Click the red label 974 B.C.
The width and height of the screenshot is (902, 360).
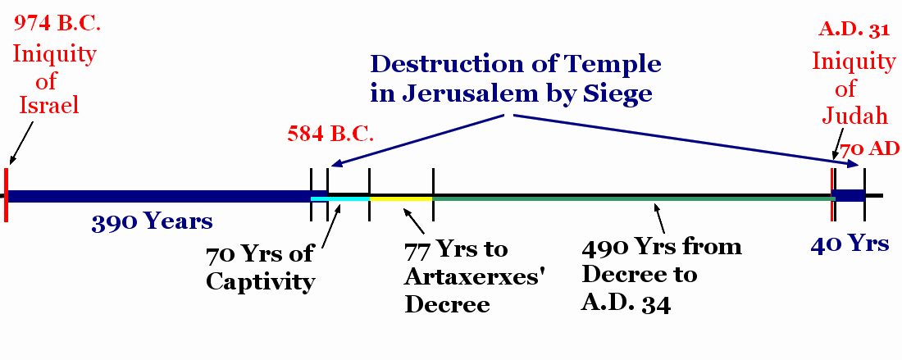pos(57,24)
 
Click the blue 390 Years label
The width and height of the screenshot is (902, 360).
pos(152,222)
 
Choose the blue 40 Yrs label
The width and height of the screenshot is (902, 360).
pos(850,244)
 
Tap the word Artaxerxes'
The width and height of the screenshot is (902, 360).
pos(475,277)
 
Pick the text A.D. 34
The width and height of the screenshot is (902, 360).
pos(626,303)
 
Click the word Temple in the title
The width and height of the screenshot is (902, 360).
pos(608,65)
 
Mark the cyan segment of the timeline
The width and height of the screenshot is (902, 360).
pos(340,198)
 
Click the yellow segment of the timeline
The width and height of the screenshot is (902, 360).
pos(401,198)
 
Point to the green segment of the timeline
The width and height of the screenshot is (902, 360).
pos(632,198)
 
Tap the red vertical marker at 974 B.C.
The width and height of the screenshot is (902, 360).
pos(6,194)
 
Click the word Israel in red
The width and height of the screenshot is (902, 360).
pos(49,106)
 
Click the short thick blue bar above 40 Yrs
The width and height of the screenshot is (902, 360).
pos(849,195)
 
